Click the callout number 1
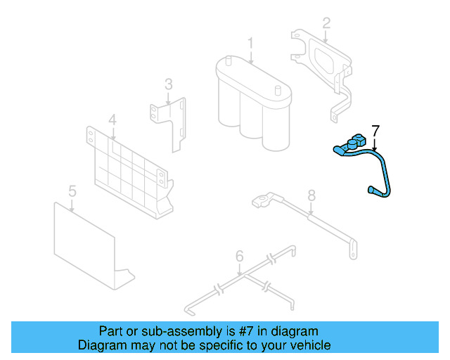coord(250,44)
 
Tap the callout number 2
coord(326,23)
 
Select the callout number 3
coord(168,85)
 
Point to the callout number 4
coord(112,120)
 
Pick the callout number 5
coord(72,191)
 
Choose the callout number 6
coord(239,256)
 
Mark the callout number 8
coord(311,195)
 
